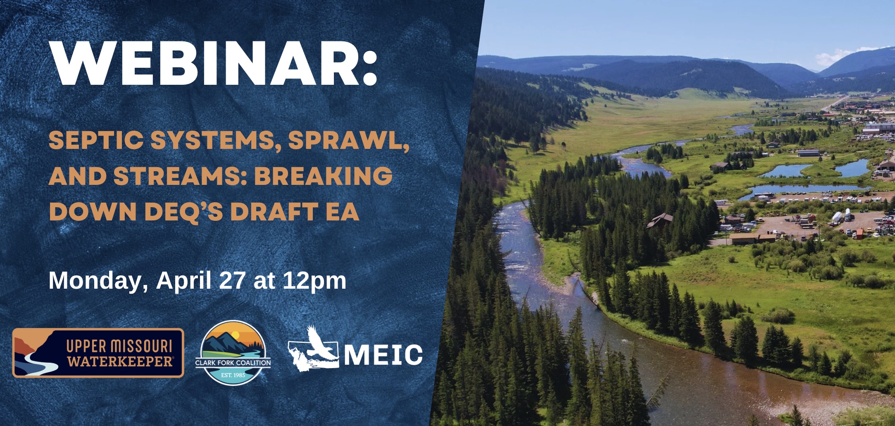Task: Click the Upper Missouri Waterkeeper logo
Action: pyautogui.click(x=98, y=353)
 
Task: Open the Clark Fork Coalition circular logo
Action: pyautogui.click(x=233, y=353)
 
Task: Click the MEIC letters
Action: pyautogui.click(x=383, y=355)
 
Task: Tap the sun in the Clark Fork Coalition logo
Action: pyautogui.click(x=236, y=333)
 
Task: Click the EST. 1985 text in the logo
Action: pyautogui.click(x=233, y=375)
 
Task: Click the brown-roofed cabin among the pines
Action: pyautogui.click(x=660, y=220)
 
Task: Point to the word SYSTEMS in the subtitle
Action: pyautogui.click(x=212, y=141)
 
